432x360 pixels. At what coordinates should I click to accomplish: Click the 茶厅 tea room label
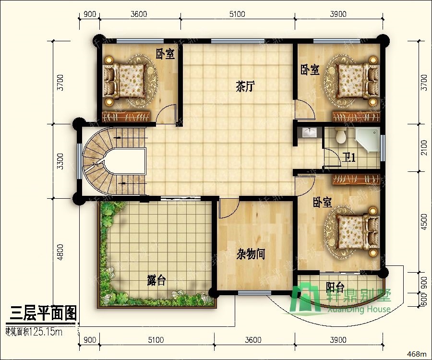click(245, 87)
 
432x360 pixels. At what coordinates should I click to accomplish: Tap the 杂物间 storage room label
click(251, 254)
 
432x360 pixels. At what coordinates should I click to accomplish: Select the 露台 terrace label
click(156, 280)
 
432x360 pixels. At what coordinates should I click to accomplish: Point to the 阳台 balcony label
click(336, 288)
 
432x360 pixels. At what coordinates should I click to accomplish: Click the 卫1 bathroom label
click(349, 157)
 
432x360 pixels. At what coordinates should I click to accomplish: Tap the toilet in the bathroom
click(341, 136)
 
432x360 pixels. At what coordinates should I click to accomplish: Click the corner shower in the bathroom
click(368, 139)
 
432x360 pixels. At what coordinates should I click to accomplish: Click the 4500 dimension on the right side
click(423, 222)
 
